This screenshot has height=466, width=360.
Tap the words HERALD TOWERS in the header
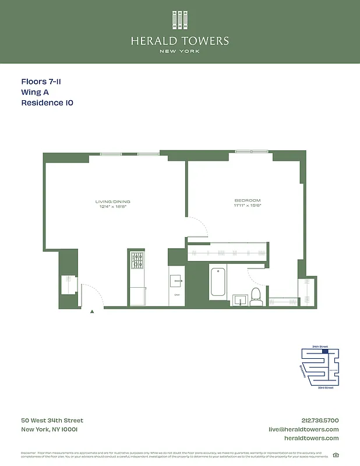coord(179,41)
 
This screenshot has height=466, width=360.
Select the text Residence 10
coord(47,103)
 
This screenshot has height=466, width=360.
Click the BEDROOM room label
coord(243,200)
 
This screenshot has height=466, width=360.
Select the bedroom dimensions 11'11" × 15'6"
coord(243,206)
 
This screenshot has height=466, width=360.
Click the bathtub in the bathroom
coord(218,283)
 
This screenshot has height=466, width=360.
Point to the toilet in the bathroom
coord(256,295)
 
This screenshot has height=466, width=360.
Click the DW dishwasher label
coord(177,295)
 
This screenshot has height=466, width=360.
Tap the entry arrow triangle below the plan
coord(92,312)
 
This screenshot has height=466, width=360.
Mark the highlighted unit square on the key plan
coord(325,351)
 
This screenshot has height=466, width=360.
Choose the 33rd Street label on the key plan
coord(325,387)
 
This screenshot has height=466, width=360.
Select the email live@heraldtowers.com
coord(303,429)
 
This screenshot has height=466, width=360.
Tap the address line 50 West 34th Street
coord(52,421)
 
